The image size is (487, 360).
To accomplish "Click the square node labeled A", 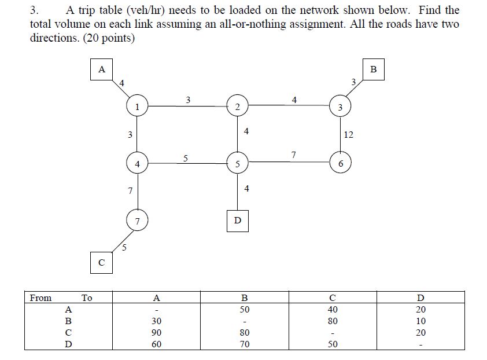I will point(102,69).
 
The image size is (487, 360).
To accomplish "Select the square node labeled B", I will point(373,69).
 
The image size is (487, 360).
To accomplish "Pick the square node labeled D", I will point(237,221).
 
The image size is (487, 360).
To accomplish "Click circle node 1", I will point(136,106).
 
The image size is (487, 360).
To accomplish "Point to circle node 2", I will point(237,106).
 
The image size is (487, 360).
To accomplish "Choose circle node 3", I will point(341,107).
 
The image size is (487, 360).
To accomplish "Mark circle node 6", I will point(341,163).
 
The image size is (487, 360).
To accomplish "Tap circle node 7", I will point(137,221).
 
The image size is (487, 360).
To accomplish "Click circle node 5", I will point(237,164).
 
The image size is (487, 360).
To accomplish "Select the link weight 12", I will point(348,135).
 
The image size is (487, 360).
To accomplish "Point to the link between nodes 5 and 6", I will point(289,163).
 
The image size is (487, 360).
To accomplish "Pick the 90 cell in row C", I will point(156,333).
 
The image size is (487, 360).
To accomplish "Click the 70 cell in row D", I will point(244,344).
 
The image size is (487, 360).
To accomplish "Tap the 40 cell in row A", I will point(332,310).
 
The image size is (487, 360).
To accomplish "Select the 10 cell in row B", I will point(420,321).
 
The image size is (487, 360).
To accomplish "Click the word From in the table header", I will point(40,298).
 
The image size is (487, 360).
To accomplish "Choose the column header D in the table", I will point(420,298).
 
